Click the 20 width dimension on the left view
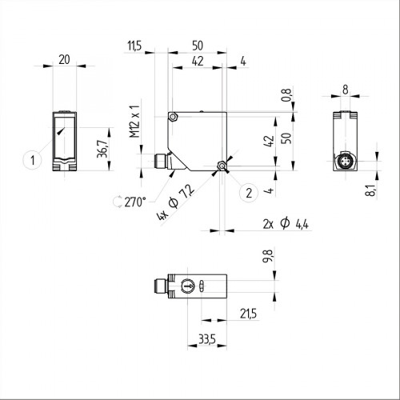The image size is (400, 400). [x=64, y=58]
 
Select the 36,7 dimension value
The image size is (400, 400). [x=101, y=149]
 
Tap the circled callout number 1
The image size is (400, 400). [x=32, y=159]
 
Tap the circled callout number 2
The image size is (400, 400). [x=249, y=193]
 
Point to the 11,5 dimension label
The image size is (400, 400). [x=134, y=47]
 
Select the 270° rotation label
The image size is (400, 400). [x=134, y=202]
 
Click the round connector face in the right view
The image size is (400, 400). [x=346, y=162]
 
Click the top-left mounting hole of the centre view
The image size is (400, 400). [x=174, y=118]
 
